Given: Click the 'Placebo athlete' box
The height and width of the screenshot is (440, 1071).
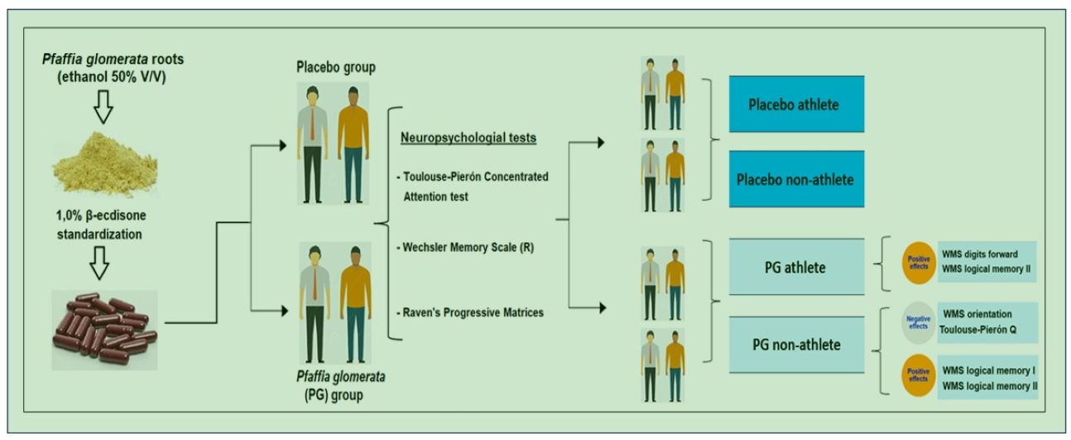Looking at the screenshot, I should point(796,104).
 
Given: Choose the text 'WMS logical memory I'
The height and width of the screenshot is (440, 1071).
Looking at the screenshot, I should point(989,370).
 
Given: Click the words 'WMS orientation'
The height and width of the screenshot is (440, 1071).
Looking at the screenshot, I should point(977,314).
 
